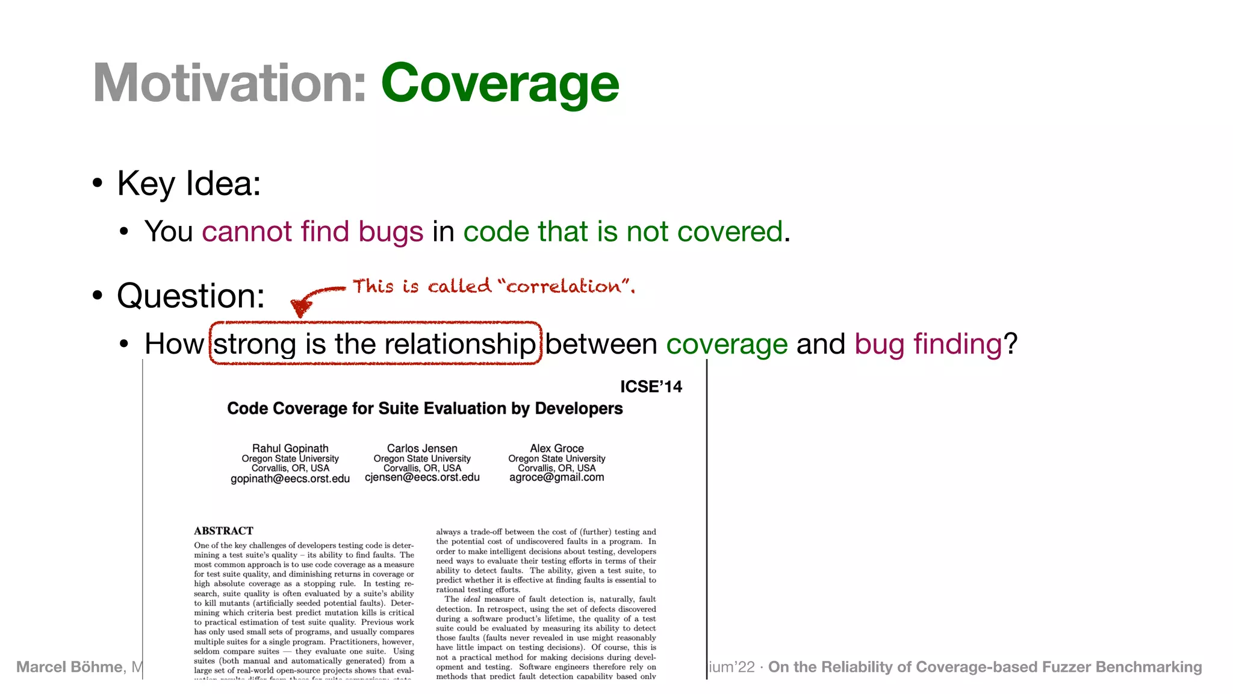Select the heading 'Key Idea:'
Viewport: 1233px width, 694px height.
[188, 183]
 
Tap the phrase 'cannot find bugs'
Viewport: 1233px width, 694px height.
[312, 231]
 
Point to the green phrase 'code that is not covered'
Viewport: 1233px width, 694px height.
[623, 231]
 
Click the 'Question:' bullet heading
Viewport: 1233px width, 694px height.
[191, 296]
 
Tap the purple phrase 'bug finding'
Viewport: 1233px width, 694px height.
[928, 344]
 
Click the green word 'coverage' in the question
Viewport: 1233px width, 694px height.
[727, 344]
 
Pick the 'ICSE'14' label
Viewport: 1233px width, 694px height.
[651, 387]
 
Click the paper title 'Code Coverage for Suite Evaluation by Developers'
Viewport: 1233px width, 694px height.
[424, 408]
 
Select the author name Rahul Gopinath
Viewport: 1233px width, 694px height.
[290, 448]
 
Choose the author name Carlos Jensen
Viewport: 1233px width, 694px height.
[422, 448]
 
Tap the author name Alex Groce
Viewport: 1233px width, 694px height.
[556, 448]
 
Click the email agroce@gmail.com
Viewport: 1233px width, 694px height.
[556, 477]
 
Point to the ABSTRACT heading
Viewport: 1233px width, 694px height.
[223, 531]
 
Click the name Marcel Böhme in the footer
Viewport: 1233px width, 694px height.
[69, 667]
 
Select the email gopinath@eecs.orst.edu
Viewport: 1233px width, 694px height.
[290, 478]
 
